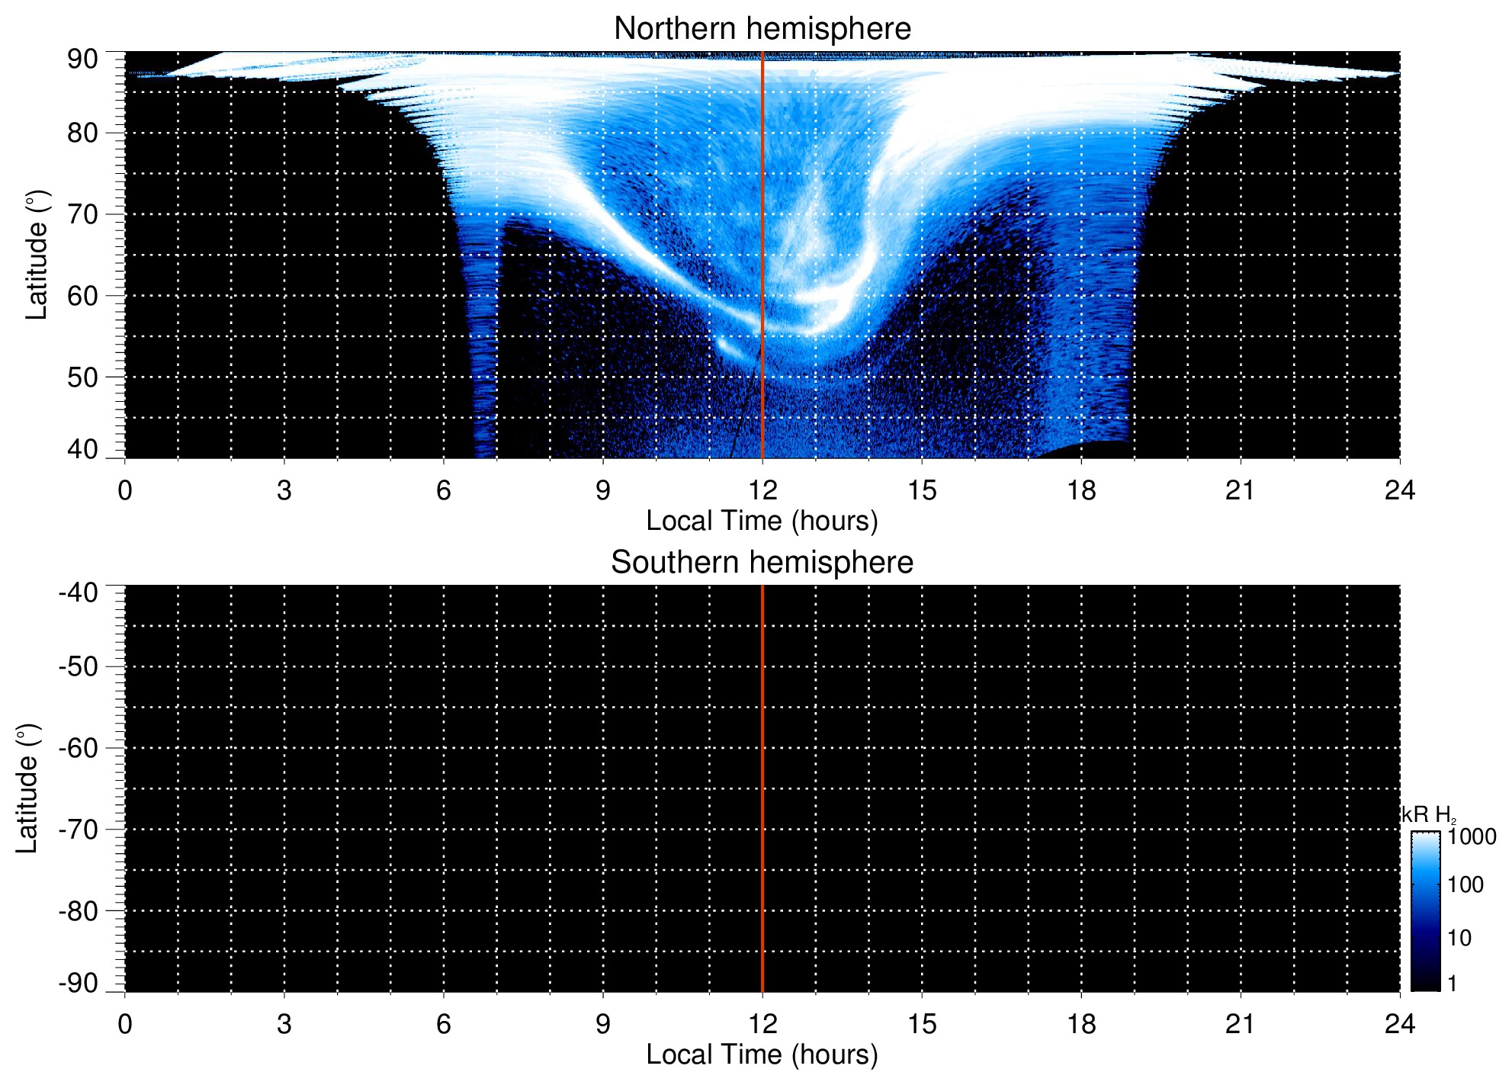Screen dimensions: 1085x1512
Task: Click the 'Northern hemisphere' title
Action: (x=762, y=29)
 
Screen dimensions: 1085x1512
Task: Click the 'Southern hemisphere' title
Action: (x=762, y=563)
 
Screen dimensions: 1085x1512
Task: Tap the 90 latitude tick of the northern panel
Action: (x=82, y=59)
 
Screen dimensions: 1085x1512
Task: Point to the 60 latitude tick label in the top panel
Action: (x=82, y=296)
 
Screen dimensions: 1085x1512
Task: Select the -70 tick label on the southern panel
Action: (x=79, y=830)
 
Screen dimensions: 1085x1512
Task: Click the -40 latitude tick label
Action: (x=79, y=592)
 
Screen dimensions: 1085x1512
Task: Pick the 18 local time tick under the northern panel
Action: (x=1081, y=490)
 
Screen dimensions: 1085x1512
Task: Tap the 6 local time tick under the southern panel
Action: (x=444, y=1024)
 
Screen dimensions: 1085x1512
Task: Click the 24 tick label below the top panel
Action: (x=1399, y=490)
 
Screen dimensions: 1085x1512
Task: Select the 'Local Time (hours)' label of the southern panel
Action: (x=762, y=1055)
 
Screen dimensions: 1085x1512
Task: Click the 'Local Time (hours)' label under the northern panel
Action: (x=762, y=521)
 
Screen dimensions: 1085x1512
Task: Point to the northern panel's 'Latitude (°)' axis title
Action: (x=37, y=255)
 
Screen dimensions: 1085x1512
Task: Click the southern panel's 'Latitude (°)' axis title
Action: (x=27, y=788)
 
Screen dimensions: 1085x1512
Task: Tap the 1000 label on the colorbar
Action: (x=1472, y=837)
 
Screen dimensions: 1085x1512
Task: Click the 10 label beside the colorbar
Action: (x=1459, y=938)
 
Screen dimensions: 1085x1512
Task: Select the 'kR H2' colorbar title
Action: (x=1428, y=815)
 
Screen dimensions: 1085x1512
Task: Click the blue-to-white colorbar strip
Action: (x=1425, y=911)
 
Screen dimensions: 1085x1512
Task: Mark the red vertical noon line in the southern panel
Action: (x=762, y=788)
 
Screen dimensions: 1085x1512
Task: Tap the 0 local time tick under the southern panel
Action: (x=125, y=1024)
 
